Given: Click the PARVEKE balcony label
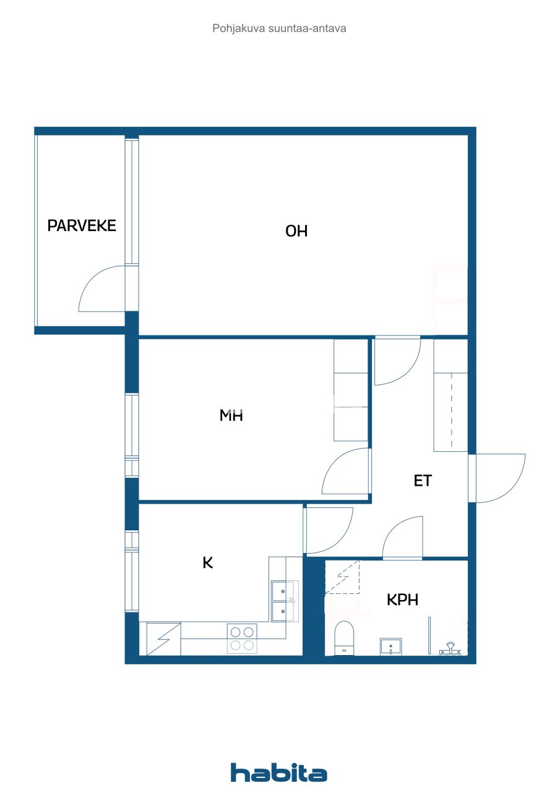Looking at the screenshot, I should [x=82, y=226].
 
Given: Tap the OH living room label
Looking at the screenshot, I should [x=296, y=231].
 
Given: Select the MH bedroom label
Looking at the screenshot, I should [x=231, y=415].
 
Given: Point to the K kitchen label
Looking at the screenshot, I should [x=208, y=562].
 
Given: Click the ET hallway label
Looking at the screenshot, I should [x=422, y=480].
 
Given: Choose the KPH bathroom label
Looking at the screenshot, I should [x=403, y=599].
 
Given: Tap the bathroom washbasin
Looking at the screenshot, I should [x=391, y=646].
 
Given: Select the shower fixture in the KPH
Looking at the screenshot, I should [x=450, y=648].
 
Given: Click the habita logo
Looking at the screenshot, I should [x=279, y=772].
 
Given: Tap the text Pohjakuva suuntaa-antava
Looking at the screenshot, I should [x=279, y=28].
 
